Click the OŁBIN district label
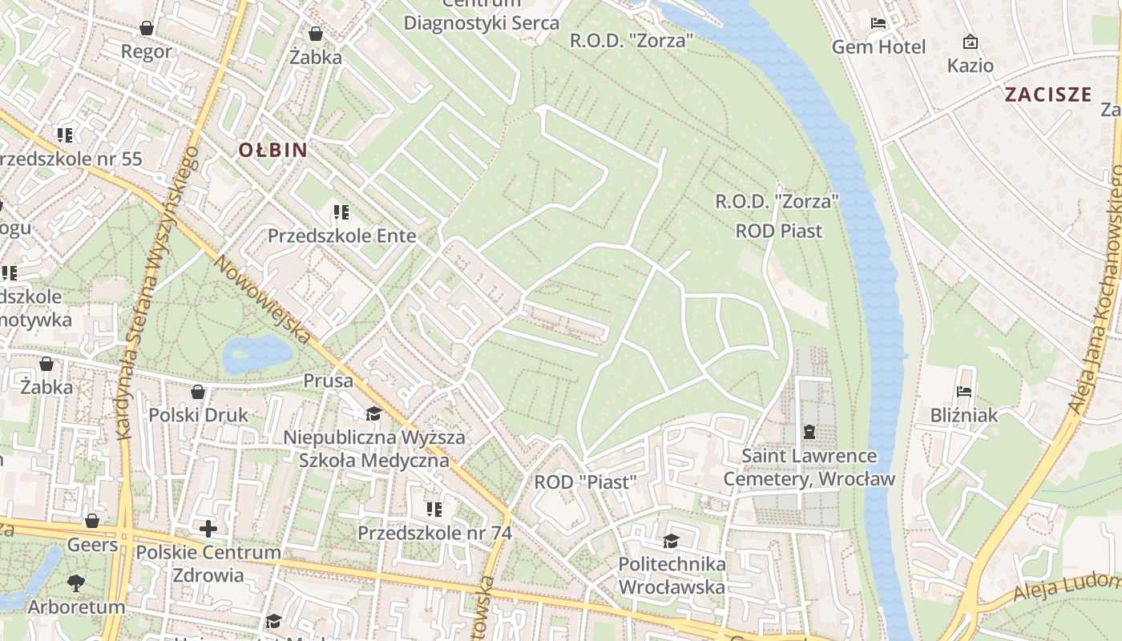(272, 150)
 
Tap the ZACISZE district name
(1048, 95)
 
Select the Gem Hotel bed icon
(878, 23)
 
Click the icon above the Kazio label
(971, 42)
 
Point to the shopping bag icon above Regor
(147, 28)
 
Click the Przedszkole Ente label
(341, 236)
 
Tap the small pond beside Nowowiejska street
(256, 353)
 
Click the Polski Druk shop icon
(198, 392)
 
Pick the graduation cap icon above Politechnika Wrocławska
(671, 542)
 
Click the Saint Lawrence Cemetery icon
(809, 433)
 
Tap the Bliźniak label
(964, 415)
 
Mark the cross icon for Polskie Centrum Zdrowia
(208, 529)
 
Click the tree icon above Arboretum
(77, 583)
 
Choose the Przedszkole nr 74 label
(434, 533)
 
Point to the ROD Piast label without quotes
(779, 232)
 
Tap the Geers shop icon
(92, 522)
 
